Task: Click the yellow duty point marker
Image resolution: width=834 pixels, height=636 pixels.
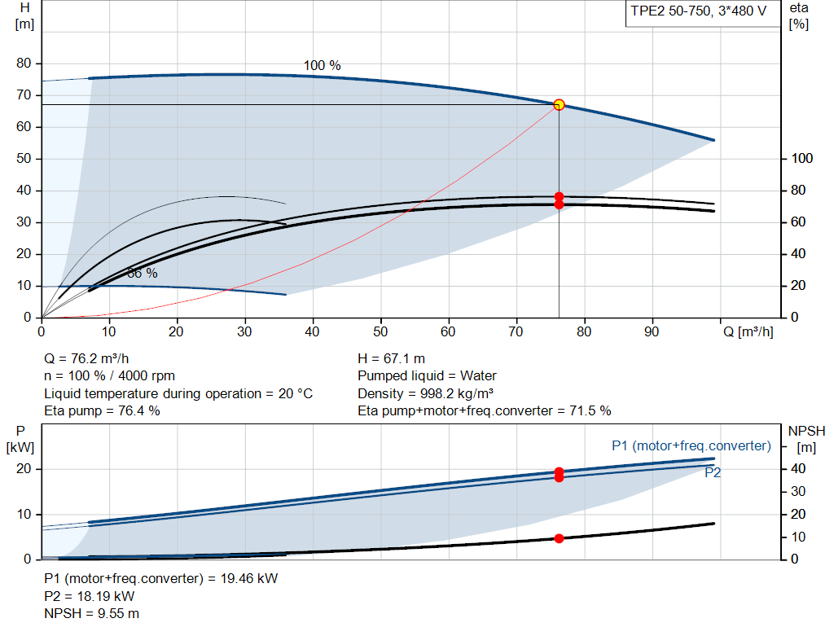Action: point(559,105)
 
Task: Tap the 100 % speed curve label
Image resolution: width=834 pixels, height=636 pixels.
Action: point(322,65)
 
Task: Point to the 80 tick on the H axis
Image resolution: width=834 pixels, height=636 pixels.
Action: point(24,64)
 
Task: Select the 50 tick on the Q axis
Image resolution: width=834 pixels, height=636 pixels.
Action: point(380,331)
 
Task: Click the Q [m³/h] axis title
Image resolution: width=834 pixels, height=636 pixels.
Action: point(748,331)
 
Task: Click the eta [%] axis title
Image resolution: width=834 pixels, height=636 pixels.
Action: point(799,16)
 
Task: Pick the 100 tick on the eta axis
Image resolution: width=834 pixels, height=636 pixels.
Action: point(802,159)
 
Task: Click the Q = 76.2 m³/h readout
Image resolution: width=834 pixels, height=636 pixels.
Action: point(86,359)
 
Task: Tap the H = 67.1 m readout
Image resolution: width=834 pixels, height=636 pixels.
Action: point(392,359)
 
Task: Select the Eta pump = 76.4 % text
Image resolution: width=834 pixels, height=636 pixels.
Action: point(102,411)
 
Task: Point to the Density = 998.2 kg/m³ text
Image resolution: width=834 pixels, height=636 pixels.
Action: point(425,393)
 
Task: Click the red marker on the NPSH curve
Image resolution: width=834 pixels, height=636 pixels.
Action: point(559,538)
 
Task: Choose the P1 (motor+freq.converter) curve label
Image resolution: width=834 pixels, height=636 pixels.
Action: point(691,445)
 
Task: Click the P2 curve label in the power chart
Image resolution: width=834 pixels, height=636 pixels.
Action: point(713,473)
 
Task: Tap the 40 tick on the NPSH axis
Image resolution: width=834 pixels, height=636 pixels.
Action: point(798,469)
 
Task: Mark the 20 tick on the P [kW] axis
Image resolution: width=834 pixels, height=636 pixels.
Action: point(24,469)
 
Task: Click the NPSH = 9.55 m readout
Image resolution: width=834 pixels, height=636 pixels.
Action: point(91,614)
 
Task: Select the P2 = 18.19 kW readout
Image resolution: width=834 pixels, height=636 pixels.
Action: point(90,596)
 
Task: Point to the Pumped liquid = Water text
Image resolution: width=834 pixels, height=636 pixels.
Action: point(427,376)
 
